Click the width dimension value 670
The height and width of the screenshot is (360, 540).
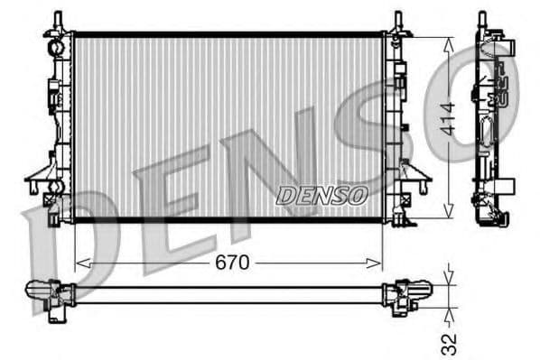229,263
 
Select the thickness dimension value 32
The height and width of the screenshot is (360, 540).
449,343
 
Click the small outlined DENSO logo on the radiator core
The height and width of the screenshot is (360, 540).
321,194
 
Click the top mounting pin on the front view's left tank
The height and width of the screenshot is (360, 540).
58,19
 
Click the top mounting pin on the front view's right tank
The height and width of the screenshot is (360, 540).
397,19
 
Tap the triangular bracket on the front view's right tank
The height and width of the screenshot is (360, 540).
416,171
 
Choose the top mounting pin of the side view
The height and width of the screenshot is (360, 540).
482,18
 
